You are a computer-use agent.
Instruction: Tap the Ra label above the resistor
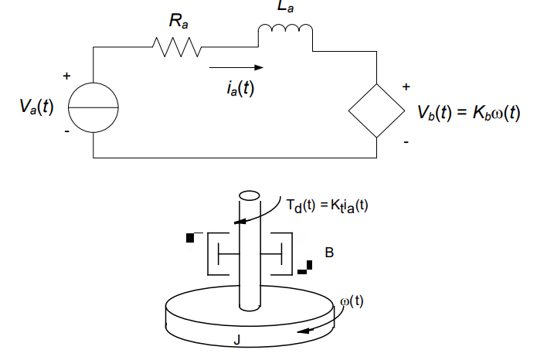[x=178, y=21]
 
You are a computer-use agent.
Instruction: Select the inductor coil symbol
[x=285, y=32]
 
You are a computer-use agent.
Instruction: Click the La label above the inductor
[x=285, y=8]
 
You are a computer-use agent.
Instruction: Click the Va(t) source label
[x=37, y=107]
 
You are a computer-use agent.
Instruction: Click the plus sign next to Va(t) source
[x=66, y=76]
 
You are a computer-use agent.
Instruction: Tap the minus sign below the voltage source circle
[x=66, y=132]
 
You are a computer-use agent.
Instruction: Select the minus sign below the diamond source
[x=406, y=142]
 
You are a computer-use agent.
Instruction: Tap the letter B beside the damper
[x=329, y=253]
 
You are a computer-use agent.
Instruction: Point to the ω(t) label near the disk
[x=352, y=301]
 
